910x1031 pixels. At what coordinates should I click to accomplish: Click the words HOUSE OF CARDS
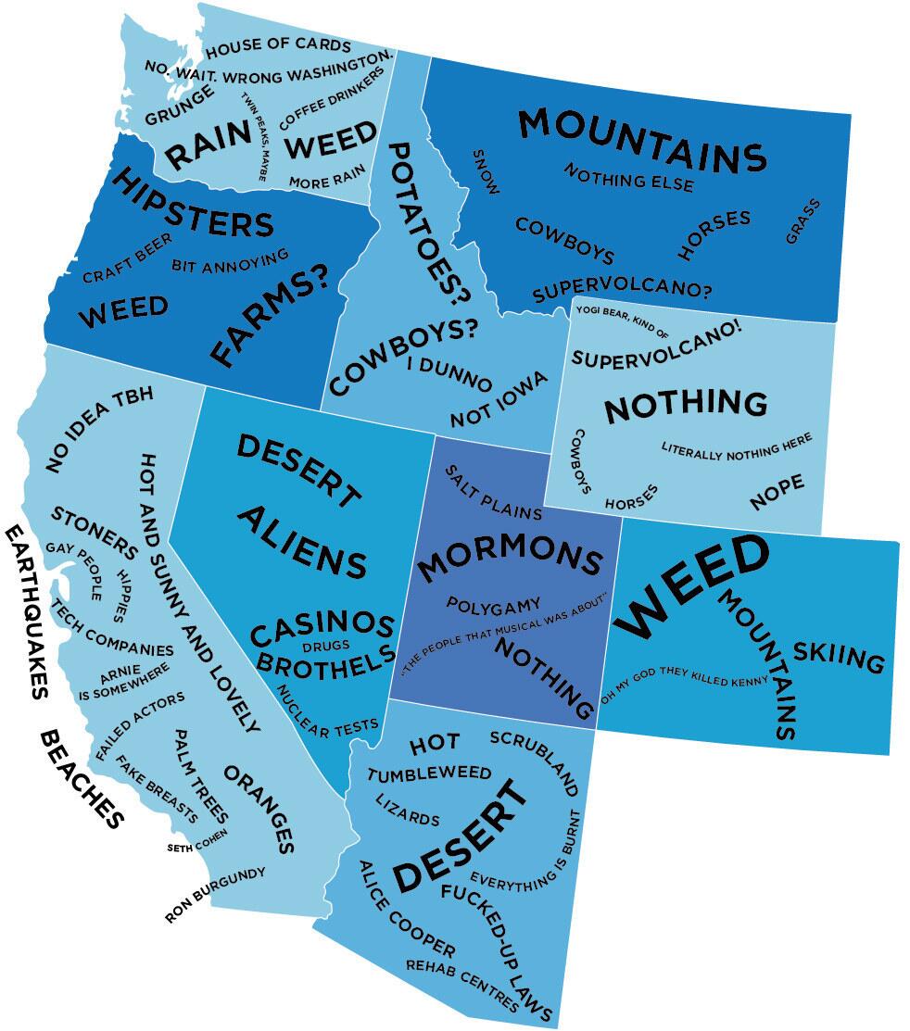(277, 46)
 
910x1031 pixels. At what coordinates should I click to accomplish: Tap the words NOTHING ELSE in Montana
(628, 177)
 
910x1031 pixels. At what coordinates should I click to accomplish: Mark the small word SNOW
(486, 171)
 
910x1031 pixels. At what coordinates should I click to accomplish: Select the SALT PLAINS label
(492, 491)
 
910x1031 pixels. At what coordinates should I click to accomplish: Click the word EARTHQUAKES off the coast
(26, 611)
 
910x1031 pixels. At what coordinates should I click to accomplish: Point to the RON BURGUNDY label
(215, 895)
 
